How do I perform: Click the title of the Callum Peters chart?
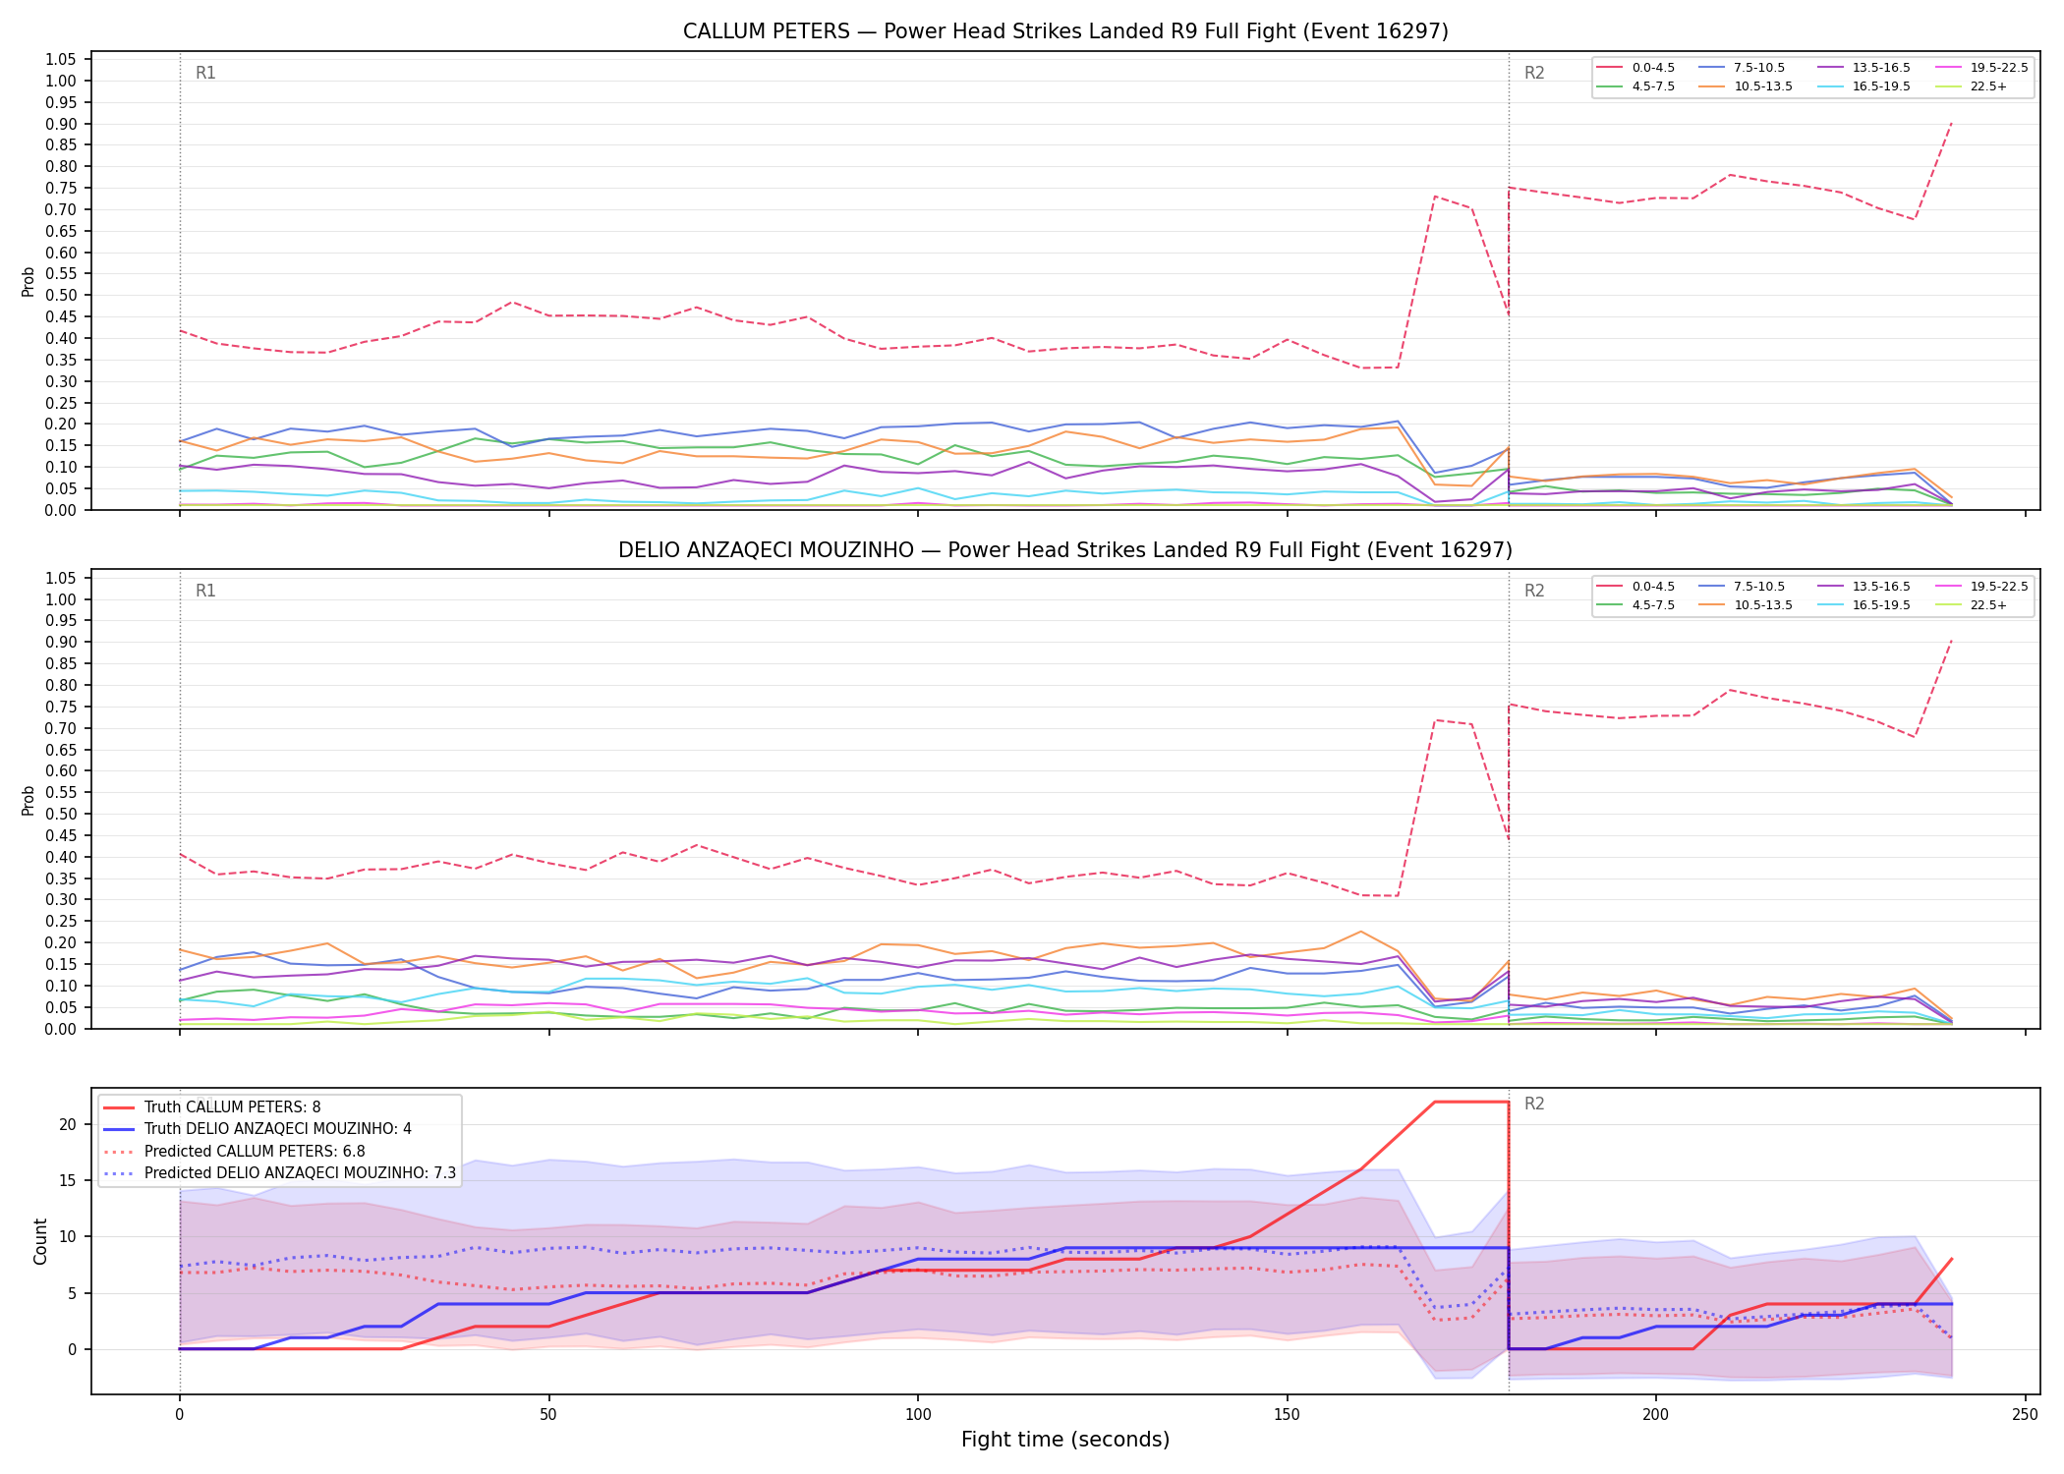pos(1065,31)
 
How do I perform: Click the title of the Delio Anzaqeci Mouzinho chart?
pos(1065,550)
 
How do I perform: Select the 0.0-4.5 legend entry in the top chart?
pos(1635,68)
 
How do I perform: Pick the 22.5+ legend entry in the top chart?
pos(1971,86)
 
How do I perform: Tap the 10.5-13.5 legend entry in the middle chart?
pos(1745,605)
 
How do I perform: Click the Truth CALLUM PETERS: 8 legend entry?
pos(211,1107)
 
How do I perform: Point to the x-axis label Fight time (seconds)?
pos(1065,1440)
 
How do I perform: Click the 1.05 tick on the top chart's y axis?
pos(61,60)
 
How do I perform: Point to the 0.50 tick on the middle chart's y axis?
pos(61,814)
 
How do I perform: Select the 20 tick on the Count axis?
pos(68,1124)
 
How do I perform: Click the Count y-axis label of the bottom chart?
pos(40,1241)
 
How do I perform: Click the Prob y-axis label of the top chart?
pos(29,281)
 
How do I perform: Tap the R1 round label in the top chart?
pos(205,73)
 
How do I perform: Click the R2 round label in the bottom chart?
pos(1534,1105)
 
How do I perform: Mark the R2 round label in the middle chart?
pos(1534,591)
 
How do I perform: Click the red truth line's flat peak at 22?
pos(1471,1102)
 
